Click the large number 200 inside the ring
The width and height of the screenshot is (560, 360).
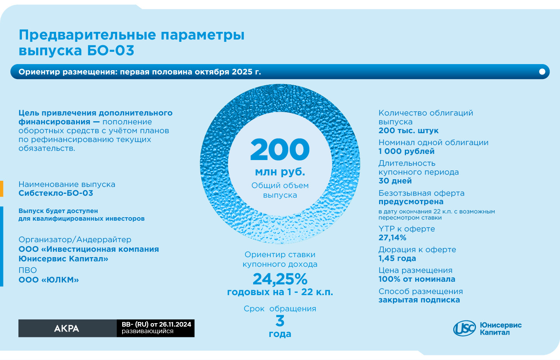coord(280,150)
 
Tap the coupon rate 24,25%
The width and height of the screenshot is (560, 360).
coord(280,279)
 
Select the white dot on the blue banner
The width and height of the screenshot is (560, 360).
coord(542,72)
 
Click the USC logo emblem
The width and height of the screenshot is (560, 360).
coord(464,329)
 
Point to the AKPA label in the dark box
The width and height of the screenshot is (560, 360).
coord(67,329)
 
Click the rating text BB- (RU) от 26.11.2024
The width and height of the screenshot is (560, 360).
coord(156,325)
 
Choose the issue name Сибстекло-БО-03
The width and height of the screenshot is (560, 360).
coord(56,193)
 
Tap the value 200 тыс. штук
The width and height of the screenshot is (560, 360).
coord(408,130)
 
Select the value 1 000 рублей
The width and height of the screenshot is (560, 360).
coord(406,151)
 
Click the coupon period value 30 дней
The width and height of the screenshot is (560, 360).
coord(395,181)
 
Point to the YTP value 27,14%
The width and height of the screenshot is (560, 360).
coord(392,238)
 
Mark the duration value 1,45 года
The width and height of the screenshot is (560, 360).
coord(397,258)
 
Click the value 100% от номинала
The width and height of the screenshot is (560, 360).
coord(417,279)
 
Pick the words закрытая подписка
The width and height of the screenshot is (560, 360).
coord(419,300)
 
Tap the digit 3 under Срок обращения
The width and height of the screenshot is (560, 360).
coord(280,321)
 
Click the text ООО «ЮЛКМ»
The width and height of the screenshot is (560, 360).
coord(49,280)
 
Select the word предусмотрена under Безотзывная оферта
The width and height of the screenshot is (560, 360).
coord(411,201)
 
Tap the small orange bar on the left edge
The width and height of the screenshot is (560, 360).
coord(2,188)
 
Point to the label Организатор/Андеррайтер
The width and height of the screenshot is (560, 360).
coord(75,239)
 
